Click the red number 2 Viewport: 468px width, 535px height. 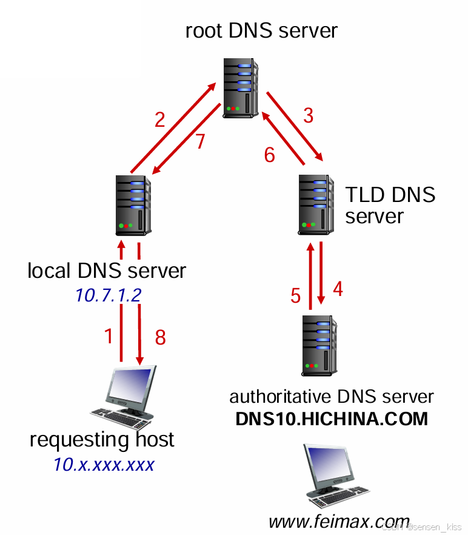coord(159,119)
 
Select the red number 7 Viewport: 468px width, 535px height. coord(200,141)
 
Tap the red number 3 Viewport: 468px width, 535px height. coord(308,115)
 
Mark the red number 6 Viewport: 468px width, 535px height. coord(269,155)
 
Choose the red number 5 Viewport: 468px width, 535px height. coord(295,296)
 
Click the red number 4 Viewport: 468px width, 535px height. coord(338,289)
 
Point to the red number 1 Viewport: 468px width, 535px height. coord(109,336)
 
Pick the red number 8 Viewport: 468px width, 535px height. coord(160,337)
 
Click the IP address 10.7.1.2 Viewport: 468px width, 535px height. coord(108,295)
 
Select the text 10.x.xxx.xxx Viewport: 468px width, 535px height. coord(103,465)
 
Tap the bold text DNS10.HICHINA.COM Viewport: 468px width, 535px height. coord(332,419)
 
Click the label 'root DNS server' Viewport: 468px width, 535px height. coord(261,30)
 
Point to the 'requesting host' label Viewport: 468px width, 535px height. coord(102,439)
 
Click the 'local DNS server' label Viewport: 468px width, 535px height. coord(107,271)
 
